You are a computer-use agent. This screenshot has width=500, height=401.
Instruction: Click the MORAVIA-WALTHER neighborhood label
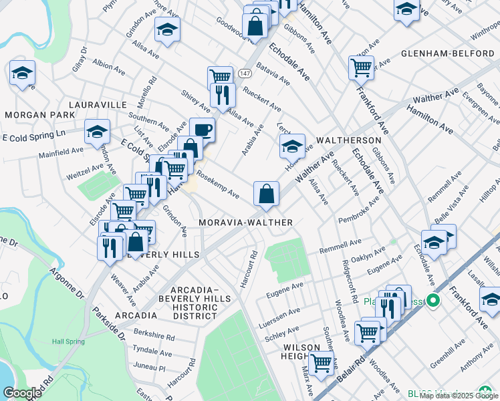coord(245,222)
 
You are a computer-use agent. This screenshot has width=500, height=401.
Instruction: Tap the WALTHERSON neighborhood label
coord(342,141)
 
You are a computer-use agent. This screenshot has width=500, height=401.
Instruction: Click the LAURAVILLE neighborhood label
coord(97,105)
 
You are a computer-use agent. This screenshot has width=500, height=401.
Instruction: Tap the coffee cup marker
coord(202,129)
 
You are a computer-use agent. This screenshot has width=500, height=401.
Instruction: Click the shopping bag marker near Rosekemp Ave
coord(266,194)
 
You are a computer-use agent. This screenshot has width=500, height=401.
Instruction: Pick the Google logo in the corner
coord(22,393)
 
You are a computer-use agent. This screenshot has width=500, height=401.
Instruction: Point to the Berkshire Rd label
coord(154,338)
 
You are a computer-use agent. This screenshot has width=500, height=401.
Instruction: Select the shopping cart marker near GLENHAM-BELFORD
coord(360,67)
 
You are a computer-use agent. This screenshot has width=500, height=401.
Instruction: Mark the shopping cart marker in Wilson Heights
coord(322,362)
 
